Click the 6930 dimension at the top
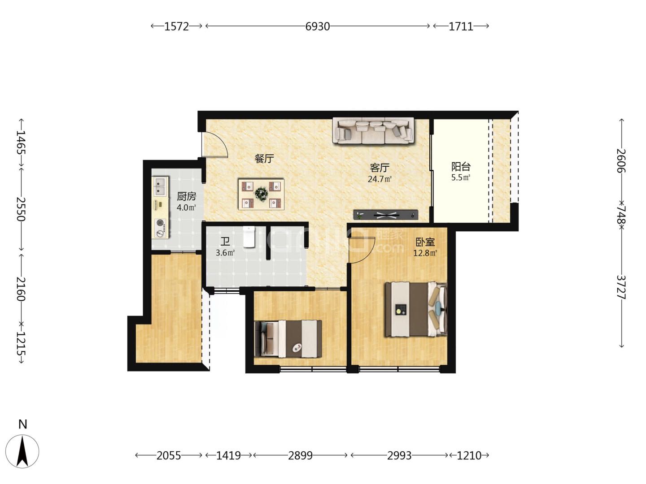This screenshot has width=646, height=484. click(317, 26)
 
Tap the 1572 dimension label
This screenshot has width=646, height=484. click(176, 26)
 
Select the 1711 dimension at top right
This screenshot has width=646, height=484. click(461, 26)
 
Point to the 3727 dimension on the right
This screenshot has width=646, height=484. click(621, 287)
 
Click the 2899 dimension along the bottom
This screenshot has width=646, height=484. click(300, 455)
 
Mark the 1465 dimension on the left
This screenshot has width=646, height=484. click(21, 143)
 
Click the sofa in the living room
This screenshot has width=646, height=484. click(373, 130)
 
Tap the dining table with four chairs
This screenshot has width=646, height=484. click(262, 194)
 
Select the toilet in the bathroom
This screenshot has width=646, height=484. click(249, 237)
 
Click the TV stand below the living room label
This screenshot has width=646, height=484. click(385, 215)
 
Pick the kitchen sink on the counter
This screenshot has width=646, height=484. click(160, 186)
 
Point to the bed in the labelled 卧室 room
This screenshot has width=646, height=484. click(416, 309)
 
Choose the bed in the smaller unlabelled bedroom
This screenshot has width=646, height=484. click(288, 338)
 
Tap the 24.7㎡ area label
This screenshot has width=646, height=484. click(380, 179)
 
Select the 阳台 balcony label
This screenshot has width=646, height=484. click(461, 167)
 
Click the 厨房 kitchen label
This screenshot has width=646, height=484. click(186, 196)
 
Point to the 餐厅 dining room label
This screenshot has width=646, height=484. click(264, 159)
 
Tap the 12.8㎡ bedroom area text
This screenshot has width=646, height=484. click(425, 253)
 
